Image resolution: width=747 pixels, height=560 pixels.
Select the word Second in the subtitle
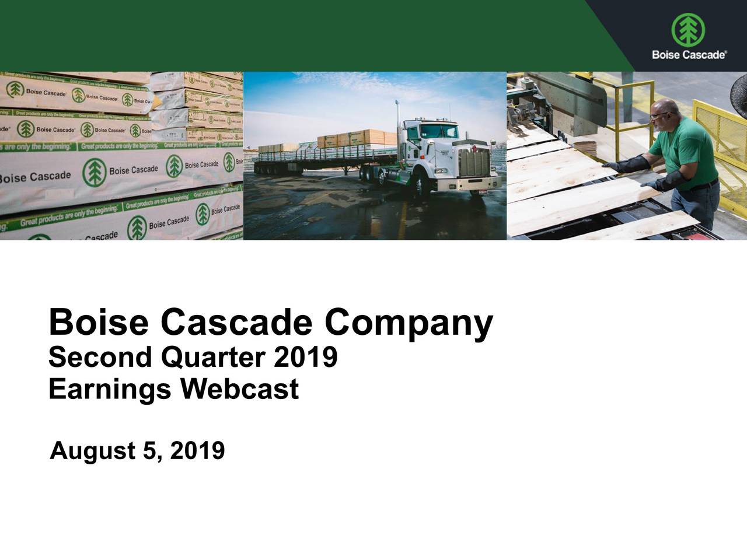tap(100, 357)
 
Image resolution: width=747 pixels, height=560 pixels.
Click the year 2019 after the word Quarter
tap(305, 357)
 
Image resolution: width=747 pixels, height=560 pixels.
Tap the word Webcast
tap(239, 389)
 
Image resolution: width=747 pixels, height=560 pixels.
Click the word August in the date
tap(93, 451)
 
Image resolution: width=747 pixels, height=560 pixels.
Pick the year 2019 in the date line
tap(197, 450)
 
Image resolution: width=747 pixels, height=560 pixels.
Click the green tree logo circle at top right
tap(688, 30)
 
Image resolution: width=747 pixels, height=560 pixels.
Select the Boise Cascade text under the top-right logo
tap(689, 55)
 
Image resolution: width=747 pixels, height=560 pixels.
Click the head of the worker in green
tap(666, 114)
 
